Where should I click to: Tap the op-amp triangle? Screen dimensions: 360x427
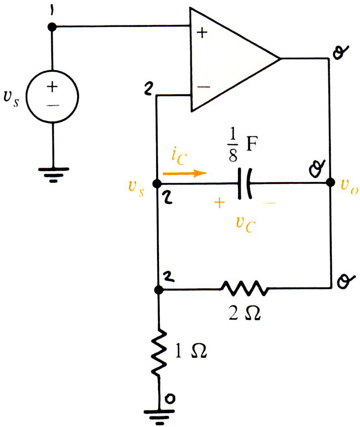point(192,60)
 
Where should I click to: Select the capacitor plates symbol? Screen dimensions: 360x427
point(244,183)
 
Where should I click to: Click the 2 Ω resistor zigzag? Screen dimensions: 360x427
point(244,288)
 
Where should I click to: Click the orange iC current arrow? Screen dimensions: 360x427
point(185,173)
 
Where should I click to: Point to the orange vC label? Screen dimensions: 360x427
point(246,224)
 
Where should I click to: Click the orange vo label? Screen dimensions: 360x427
point(350,187)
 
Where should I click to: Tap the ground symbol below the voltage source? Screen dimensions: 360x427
point(54,175)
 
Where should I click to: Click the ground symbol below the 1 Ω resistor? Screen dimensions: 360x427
point(159,417)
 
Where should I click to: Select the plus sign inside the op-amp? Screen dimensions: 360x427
point(202,33)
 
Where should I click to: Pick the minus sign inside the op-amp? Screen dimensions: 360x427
point(204,87)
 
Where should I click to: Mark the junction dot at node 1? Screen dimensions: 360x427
point(52,27)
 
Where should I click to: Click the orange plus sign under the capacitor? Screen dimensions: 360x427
point(220,203)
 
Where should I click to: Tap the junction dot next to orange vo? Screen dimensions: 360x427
point(330,182)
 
